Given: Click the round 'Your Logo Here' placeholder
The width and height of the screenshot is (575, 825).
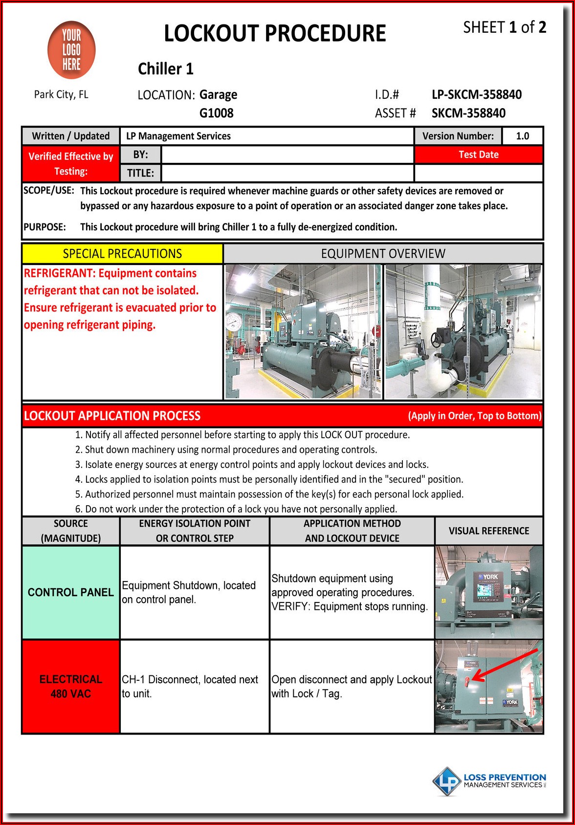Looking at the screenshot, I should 71,50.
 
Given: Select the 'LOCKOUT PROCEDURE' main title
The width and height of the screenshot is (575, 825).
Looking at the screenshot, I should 275,33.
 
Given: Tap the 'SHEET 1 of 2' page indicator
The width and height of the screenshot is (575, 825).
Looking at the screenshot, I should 504,27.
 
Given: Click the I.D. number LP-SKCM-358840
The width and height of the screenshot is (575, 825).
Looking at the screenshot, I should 476,94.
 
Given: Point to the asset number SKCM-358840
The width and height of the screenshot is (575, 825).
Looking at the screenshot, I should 468,113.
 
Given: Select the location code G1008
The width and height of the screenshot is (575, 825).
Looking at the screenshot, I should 216,113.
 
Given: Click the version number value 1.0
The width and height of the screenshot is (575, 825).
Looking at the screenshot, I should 522,136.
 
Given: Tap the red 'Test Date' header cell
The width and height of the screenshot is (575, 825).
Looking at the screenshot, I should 478,155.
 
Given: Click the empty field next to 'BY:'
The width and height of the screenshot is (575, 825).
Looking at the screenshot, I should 287,155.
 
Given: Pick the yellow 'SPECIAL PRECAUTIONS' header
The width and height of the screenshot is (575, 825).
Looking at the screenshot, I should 122,253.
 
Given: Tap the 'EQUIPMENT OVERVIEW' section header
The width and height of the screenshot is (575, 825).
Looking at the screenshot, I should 383,253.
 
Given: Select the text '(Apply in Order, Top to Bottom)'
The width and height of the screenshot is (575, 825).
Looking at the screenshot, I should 474,416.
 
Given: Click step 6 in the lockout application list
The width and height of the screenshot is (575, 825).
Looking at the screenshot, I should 236,509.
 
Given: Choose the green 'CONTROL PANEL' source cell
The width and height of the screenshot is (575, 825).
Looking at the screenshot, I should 71,592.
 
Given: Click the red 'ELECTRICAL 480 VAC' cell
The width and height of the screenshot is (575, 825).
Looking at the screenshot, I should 71,686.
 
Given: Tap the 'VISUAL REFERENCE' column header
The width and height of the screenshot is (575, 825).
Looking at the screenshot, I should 488,531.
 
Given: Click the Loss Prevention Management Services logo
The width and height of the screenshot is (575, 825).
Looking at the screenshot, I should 489,780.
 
